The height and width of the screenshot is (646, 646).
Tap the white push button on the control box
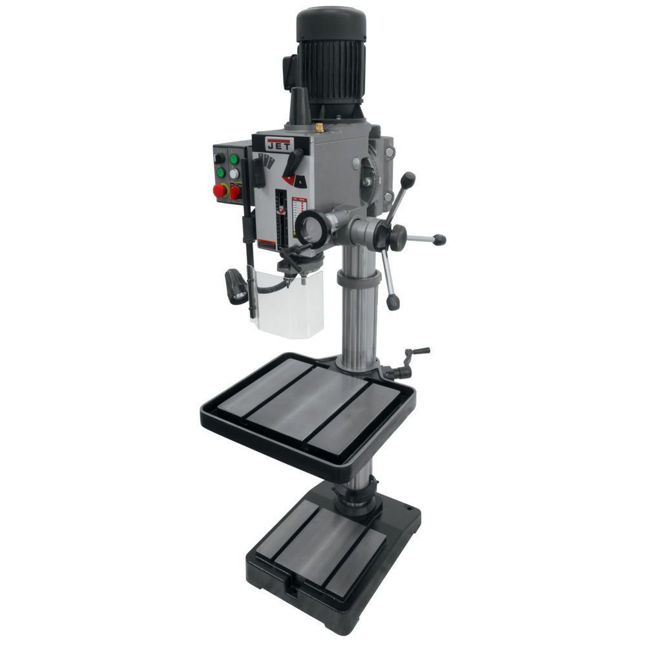click(234, 173)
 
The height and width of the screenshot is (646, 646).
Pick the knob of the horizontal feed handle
click(441, 241)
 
